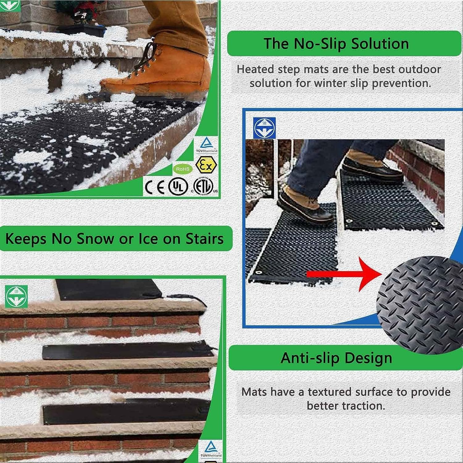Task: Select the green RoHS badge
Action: click(x=182, y=169)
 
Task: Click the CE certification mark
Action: click(x=155, y=187)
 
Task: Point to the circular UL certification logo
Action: click(x=178, y=187)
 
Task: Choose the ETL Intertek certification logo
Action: click(x=203, y=187)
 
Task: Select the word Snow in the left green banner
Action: click(x=95, y=239)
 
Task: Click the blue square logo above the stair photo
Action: click(x=264, y=128)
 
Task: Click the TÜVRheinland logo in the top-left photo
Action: click(x=206, y=145)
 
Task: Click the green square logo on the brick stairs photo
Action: click(x=16, y=296)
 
